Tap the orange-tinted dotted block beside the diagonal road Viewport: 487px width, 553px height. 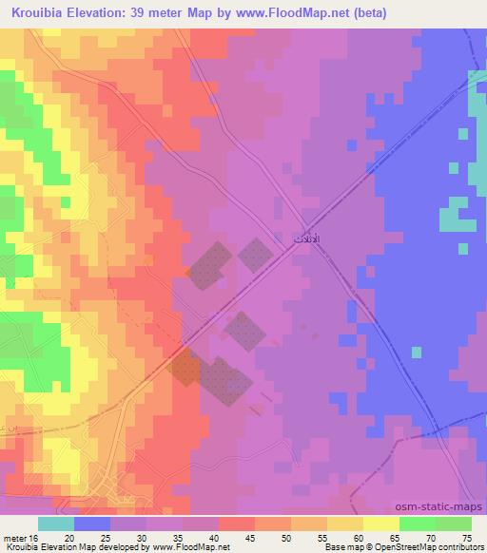(184, 366)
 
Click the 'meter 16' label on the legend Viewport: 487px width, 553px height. (20, 538)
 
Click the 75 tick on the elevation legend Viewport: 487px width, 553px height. (466, 538)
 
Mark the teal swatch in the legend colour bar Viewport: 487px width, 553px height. (55, 524)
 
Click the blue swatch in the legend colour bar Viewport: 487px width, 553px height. (91, 524)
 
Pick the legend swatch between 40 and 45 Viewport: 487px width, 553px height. (236, 524)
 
